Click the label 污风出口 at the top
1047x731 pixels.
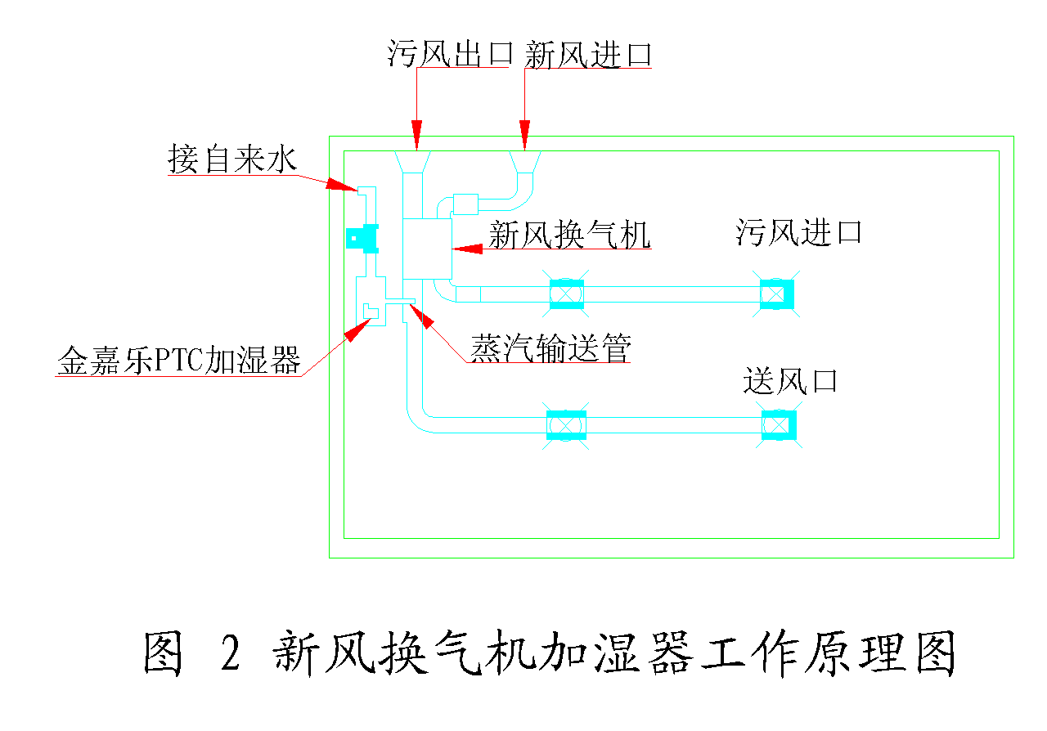click(450, 54)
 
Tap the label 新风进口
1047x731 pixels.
click(588, 54)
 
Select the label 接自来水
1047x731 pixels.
click(231, 159)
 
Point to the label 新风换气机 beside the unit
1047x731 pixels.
click(569, 235)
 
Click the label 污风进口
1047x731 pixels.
click(798, 232)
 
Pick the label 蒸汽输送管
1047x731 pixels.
click(550, 350)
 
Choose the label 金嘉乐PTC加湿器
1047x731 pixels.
click(179, 360)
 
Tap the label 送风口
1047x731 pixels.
click(790, 381)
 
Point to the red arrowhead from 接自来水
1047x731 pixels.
click(342, 184)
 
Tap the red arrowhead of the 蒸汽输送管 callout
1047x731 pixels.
click(427, 316)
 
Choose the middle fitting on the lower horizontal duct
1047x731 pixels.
click(566, 425)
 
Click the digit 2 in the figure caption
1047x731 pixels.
click(231, 653)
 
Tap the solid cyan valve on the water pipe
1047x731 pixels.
click(361, 238)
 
